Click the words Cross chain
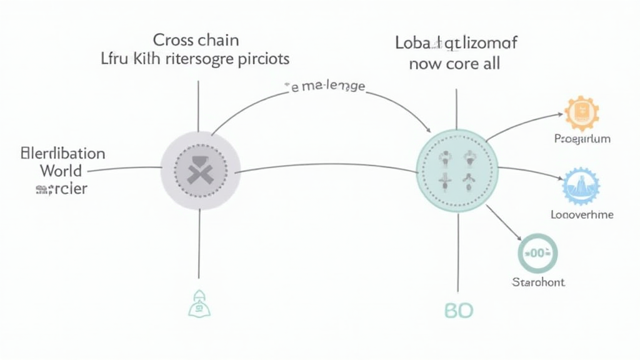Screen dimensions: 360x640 pyautogui.click(x=196, y=41)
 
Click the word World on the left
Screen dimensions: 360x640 pyautogui.click(x=61, y=170)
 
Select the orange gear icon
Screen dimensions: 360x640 pyautogui.click(x=581, y=114)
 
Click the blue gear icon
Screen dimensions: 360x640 pyautogui.click(x=581, y=186)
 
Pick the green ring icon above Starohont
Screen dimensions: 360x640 pyautogui.click(x=537, y=252)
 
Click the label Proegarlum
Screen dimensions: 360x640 pyautogui.click(x=582, y=139)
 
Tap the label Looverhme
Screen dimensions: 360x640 pyautogui.click(x=582, y=214)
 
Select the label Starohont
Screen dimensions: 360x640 pyautogui.click(x=538, y=282)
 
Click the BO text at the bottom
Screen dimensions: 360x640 pyautogui.click(x=459, y=310)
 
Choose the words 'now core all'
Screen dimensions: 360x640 pyautogui.click(x=454, y=64)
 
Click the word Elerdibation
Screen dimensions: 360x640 pyautogui.click(x=62, y=154)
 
